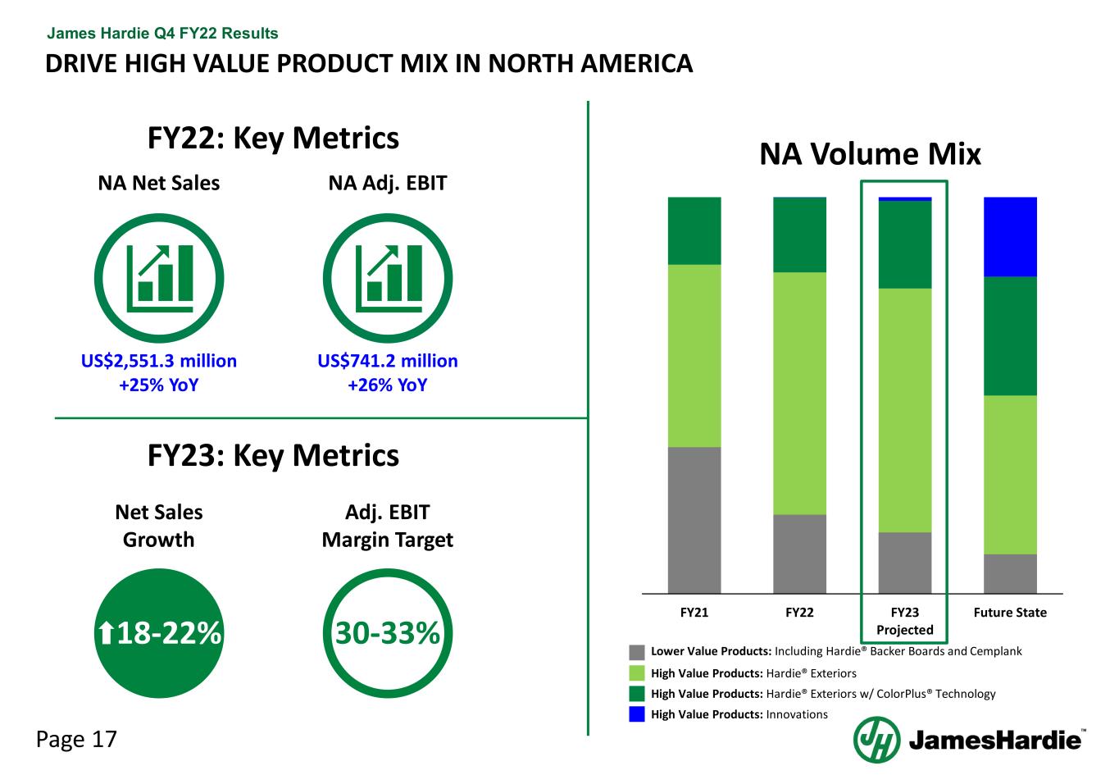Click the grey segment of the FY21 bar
click(694, 520)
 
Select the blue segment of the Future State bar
click(1010, 236)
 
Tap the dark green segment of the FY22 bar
click(799, 235)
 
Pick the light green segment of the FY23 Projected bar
click(905, 410)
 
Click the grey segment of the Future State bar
click(1010, 573)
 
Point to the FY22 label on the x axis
click(799, 613)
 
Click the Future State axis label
click(1010, 613)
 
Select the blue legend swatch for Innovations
click(637, 714)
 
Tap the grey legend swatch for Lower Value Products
click(637, 652)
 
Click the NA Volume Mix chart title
click(870, 154)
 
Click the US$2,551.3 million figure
click(159, 361)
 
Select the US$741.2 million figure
click(388, 361)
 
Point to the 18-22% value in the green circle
click(159, 633)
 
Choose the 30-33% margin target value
click(388, 633)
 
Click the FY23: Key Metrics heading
click(273, 455)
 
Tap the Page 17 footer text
click(77, 740)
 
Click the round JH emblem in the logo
click(876, 740)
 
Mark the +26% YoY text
click(388, 385)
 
